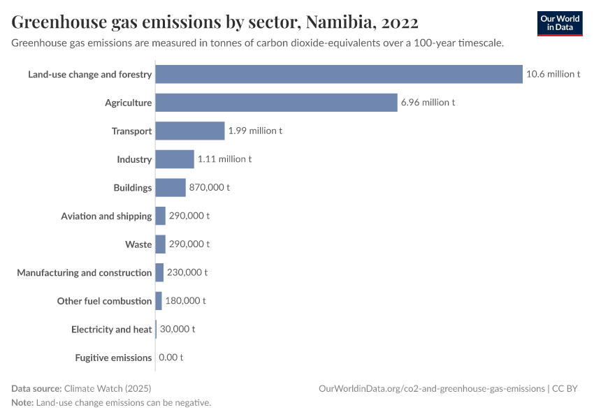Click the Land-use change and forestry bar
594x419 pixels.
339,74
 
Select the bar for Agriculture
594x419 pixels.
276,103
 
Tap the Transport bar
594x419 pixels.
190,131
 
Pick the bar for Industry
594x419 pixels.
175,159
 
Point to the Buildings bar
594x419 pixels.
171,188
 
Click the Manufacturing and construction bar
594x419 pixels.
159,272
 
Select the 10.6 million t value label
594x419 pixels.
553,74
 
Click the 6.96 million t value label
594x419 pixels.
428,103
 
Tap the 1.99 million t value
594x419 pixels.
255,131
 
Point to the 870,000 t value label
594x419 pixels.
209,188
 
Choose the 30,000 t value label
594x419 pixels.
178,329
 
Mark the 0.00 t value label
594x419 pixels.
171,358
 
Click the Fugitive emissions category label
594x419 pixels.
113,358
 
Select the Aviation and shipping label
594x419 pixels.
106,216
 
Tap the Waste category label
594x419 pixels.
138,244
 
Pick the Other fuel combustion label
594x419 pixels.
104,301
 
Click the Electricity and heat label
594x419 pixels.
111,329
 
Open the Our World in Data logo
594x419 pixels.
560,23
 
